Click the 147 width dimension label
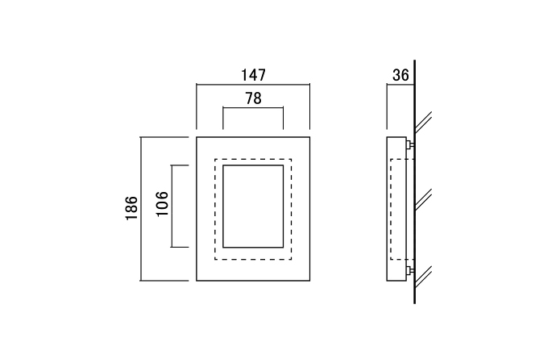(253, 75)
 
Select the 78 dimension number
(253, 98)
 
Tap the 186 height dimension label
(131, 208)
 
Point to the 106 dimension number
(162, 204)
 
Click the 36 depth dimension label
(400, 75)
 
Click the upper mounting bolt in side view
(410, 144)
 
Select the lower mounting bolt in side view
(410, 271)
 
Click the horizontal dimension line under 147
(253, 85)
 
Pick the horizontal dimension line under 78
(253, 107)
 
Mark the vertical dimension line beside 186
(141, 209)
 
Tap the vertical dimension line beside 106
(172, 207)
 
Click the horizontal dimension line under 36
(400, 85)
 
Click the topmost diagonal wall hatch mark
(423, 123)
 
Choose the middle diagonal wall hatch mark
(423, 199)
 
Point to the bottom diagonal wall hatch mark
(423, 277)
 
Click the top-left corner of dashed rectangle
(215, 160)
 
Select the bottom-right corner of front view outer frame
(309, 281)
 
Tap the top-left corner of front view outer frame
(197, 137)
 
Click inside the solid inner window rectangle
(253, 207)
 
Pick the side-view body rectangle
(396, 209)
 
